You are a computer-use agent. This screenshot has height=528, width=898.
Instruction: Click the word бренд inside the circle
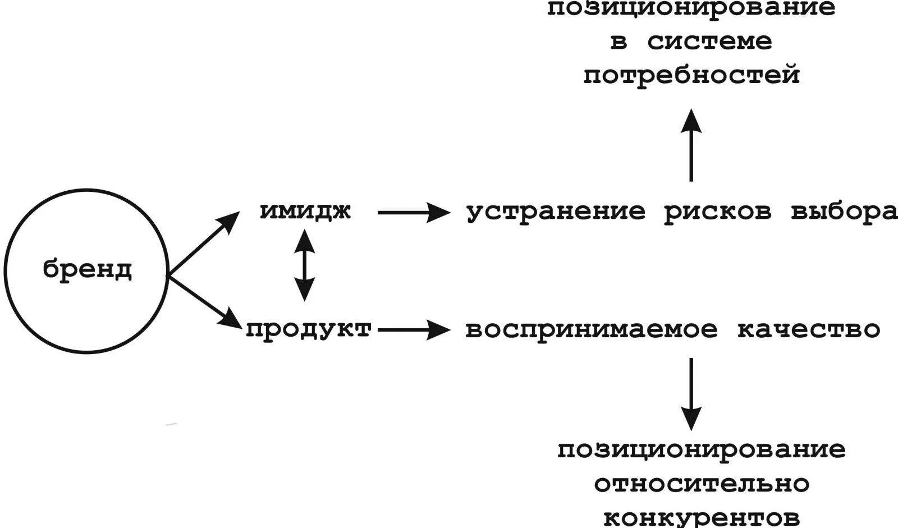point(88,270)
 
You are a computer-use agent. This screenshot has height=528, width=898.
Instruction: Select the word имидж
point(305,212)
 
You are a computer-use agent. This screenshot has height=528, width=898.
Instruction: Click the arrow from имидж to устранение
point(414,213)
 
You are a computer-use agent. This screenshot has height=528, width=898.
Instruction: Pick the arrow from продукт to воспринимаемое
point(414,330)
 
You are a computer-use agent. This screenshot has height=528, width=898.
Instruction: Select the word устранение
point(556,213)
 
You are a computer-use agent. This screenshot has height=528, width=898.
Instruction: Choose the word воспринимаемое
point(592,330)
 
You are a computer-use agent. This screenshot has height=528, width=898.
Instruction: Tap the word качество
point(808,330)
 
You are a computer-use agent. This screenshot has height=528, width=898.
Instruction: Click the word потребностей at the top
point(691,76)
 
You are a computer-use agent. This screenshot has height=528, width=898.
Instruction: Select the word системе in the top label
point(709,42)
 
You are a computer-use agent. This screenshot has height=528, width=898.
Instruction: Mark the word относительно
point(702,484)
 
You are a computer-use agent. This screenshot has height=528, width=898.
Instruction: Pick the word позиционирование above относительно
point(702,450)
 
